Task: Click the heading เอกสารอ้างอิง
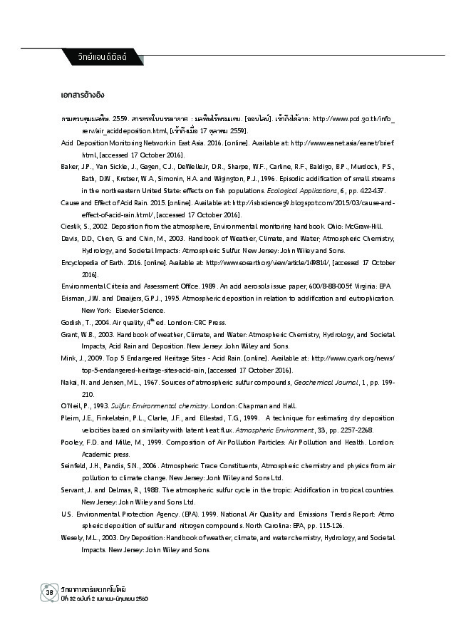click(x=84, y=94)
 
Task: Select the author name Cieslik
click(x=71, y=226)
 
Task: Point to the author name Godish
click(x=73, y=321)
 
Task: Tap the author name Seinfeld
click(x=75, y=465)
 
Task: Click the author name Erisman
click(x=74, y=297)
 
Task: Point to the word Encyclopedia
click(x=83, y=262)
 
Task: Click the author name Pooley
click(x=73, y=442)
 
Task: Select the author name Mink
click(x=70, y=358)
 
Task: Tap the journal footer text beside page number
click(x=96, y=593)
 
